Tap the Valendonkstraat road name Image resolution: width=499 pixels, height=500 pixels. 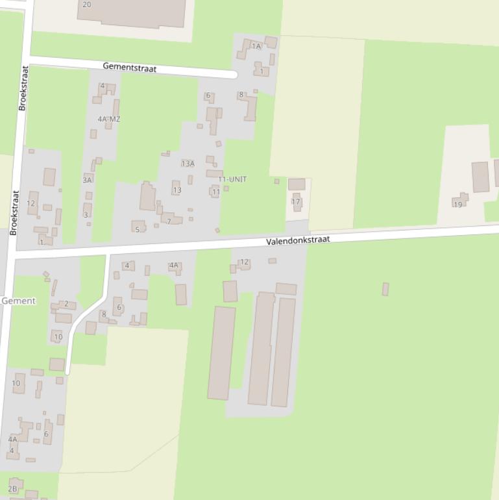coord(298,240)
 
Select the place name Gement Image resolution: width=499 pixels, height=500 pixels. coord(18,301)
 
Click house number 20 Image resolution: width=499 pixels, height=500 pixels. coord(87,5)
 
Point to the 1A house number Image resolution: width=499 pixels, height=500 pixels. coord(256,46)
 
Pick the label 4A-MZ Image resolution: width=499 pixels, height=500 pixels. coord(109,119)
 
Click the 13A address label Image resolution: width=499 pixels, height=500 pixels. coord(188,164)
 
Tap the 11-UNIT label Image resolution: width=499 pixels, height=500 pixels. coord(232,179)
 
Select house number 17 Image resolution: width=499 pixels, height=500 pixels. coord(296,202)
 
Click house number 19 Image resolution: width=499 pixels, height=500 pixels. coord(458,205)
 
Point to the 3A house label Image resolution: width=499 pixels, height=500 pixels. coord(87,180)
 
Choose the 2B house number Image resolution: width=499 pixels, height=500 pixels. coord(12,489)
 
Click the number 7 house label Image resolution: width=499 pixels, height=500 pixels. coord(169,221)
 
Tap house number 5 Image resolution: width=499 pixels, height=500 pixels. coord(137,229)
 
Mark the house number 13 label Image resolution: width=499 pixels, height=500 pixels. coord(176,190)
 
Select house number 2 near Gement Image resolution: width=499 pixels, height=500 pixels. coord(66,303)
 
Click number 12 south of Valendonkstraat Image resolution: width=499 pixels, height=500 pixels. coord(244,262)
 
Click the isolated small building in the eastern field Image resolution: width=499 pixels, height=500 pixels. coord(385,289)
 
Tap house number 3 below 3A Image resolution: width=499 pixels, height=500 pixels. coord(86,215)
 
